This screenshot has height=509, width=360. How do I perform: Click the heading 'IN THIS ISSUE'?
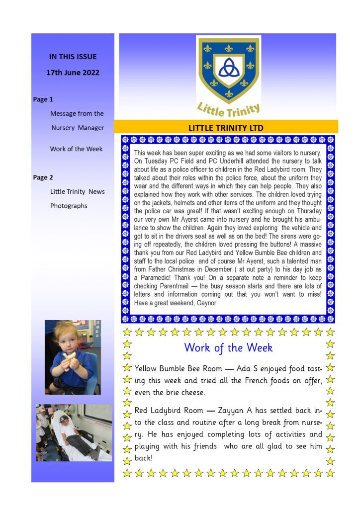click(x=73, y=57)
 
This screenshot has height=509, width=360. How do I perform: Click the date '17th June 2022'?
click(x=73, y=73)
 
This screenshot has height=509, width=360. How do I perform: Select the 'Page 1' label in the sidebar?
click(x=43, y=99)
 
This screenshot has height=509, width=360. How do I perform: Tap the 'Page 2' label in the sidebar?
click(x=43, y=177)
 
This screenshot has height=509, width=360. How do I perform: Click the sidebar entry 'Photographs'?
click(x=69, y=206)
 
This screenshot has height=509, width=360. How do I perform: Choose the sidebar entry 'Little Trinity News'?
click(x=77, y=192)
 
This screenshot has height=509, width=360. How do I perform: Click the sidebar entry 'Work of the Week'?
click(x=76, y=149)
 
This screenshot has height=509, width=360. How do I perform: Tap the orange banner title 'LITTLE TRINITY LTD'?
click(x=226, y=128)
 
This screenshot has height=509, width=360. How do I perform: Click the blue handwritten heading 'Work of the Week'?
click(x=228, y=347)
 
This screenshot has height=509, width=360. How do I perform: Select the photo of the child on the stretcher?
click(x=74, y=432)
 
